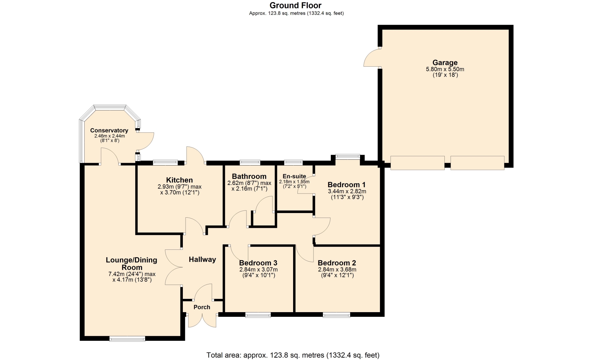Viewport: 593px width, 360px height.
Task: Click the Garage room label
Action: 445,63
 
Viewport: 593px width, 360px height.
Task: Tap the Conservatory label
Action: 109,131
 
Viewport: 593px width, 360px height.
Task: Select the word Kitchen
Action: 179,180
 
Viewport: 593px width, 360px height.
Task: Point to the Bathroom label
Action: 249,176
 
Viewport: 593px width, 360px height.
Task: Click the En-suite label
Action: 294,176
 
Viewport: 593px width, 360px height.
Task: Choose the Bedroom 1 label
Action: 347,185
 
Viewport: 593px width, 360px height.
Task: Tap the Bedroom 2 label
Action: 337,263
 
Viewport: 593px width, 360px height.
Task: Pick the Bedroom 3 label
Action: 258,263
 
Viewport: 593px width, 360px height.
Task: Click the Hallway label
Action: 202,259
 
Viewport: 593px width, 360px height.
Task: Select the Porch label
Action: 202,307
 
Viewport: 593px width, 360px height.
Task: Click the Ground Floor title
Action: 296,6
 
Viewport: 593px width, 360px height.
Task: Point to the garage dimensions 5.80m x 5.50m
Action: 445,69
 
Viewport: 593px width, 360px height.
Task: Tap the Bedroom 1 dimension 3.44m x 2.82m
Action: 347,191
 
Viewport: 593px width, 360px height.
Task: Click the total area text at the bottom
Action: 293,355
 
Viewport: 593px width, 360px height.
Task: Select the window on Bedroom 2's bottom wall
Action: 337,315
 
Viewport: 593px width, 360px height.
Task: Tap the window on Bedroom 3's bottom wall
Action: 258,315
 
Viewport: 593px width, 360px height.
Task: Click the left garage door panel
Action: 418,163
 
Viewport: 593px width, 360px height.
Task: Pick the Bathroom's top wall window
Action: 250,162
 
